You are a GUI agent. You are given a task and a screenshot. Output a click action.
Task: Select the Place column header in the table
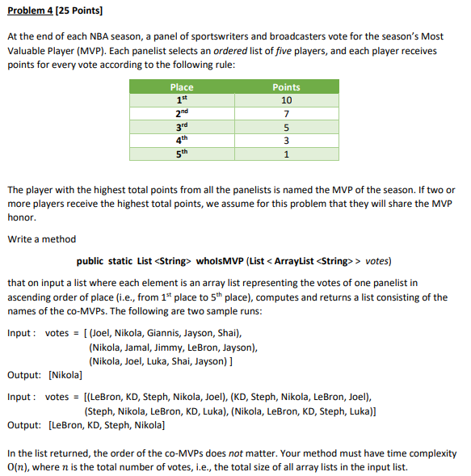(x=182, y=87)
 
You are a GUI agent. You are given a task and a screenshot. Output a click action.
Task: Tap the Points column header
(x=286, y=87)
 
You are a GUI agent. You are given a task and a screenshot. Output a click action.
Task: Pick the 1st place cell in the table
(x=182, y=100)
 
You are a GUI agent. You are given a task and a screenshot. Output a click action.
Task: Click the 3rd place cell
(x=182, y=127)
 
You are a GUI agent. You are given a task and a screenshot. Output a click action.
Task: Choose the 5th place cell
(x=182, y=154)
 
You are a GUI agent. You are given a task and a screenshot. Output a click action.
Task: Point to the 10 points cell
(x=286, y=100)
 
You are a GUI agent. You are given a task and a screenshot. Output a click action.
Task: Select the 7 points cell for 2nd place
(x=286, y=114)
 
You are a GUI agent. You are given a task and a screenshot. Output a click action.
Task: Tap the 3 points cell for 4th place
(x=286, y=141)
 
